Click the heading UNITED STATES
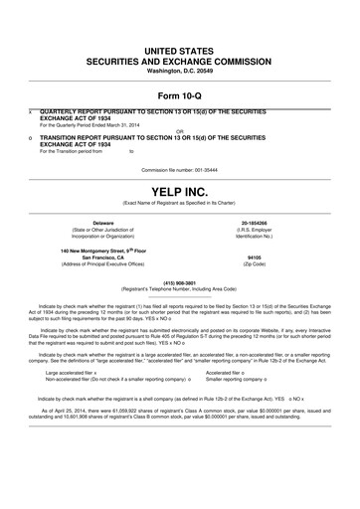point(179,49)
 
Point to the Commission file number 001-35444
point(179,169)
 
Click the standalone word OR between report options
point(179,129)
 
